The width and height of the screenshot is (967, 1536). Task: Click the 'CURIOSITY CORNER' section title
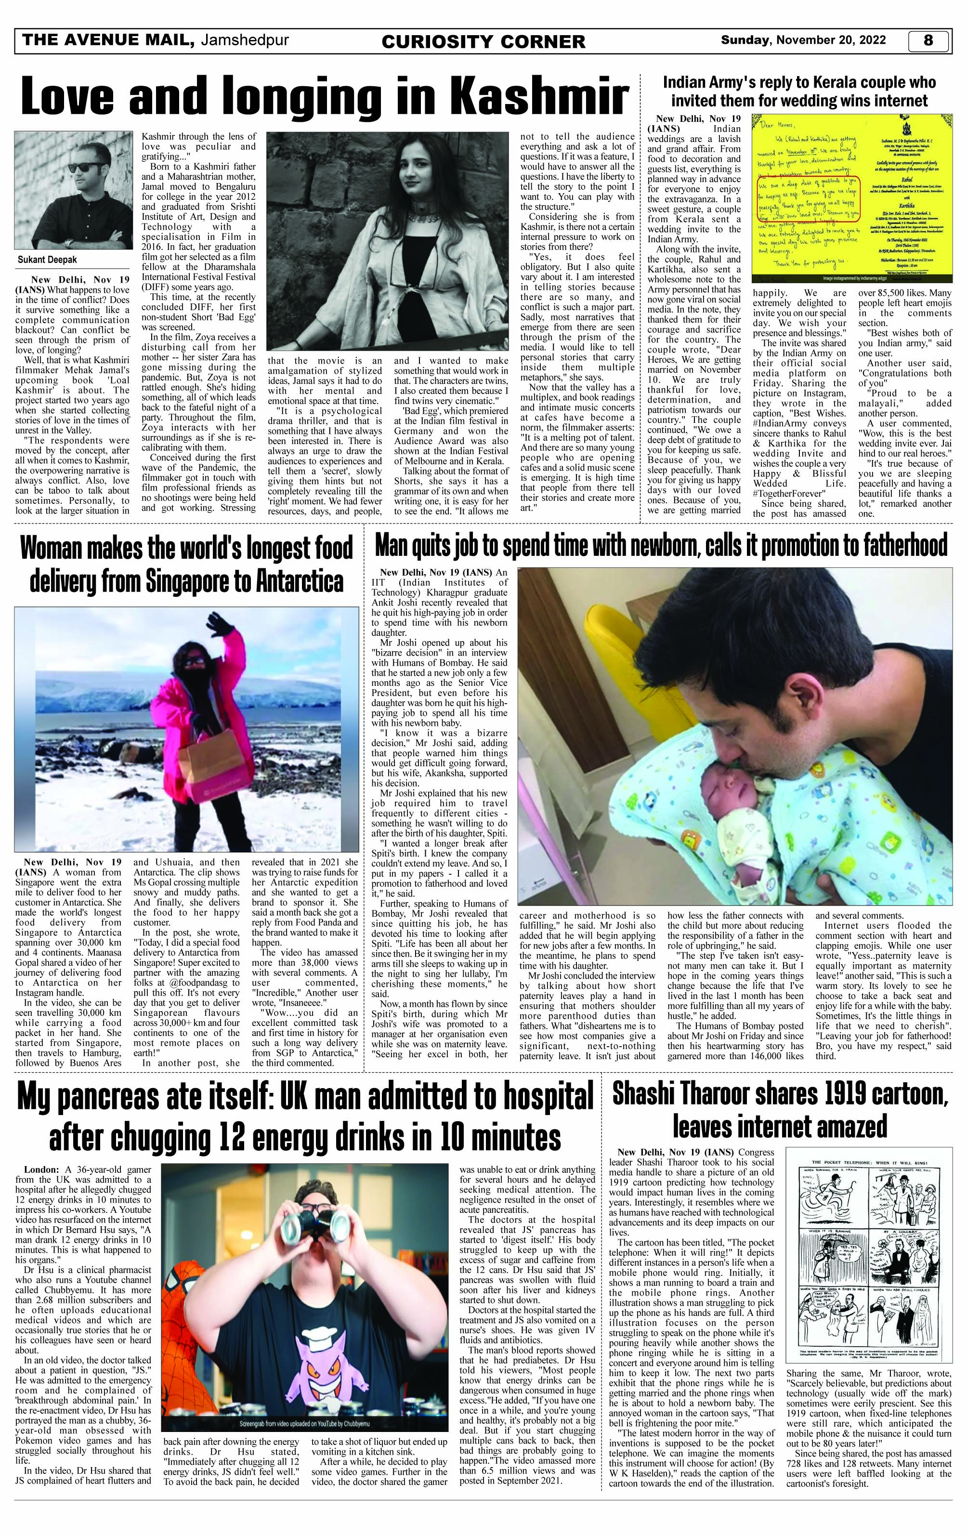[x=483, y=41]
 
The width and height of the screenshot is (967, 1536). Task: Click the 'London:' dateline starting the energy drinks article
[x=43, y=1170]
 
